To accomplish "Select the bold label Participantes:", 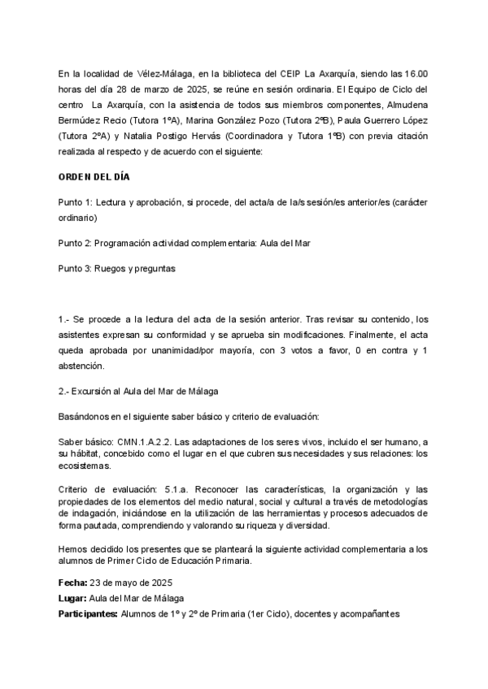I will point(88,614).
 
